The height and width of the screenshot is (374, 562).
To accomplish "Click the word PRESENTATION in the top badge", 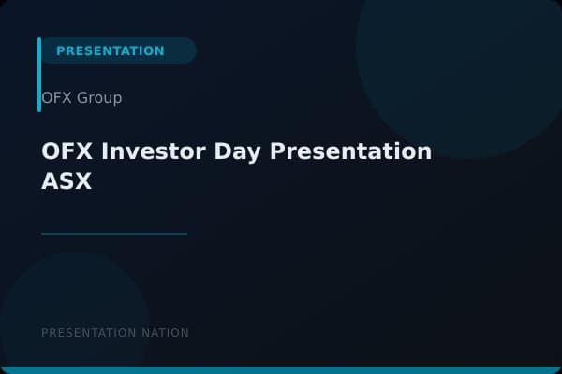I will pyautogui.click(x=110, y=50).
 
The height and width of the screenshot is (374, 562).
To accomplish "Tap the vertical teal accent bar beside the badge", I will pyautogui.click(x=39, y=75).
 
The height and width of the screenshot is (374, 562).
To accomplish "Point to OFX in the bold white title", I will pyautogui.click(x=67, y=151).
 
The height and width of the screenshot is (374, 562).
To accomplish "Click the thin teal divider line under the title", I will pyautogui.click(x=114, y=234).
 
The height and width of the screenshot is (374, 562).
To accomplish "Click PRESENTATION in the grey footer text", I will pyautogui.click(x=88, y=333).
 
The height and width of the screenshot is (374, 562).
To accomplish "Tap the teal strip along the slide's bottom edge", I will pyautogui.click(x=281, y=370).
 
